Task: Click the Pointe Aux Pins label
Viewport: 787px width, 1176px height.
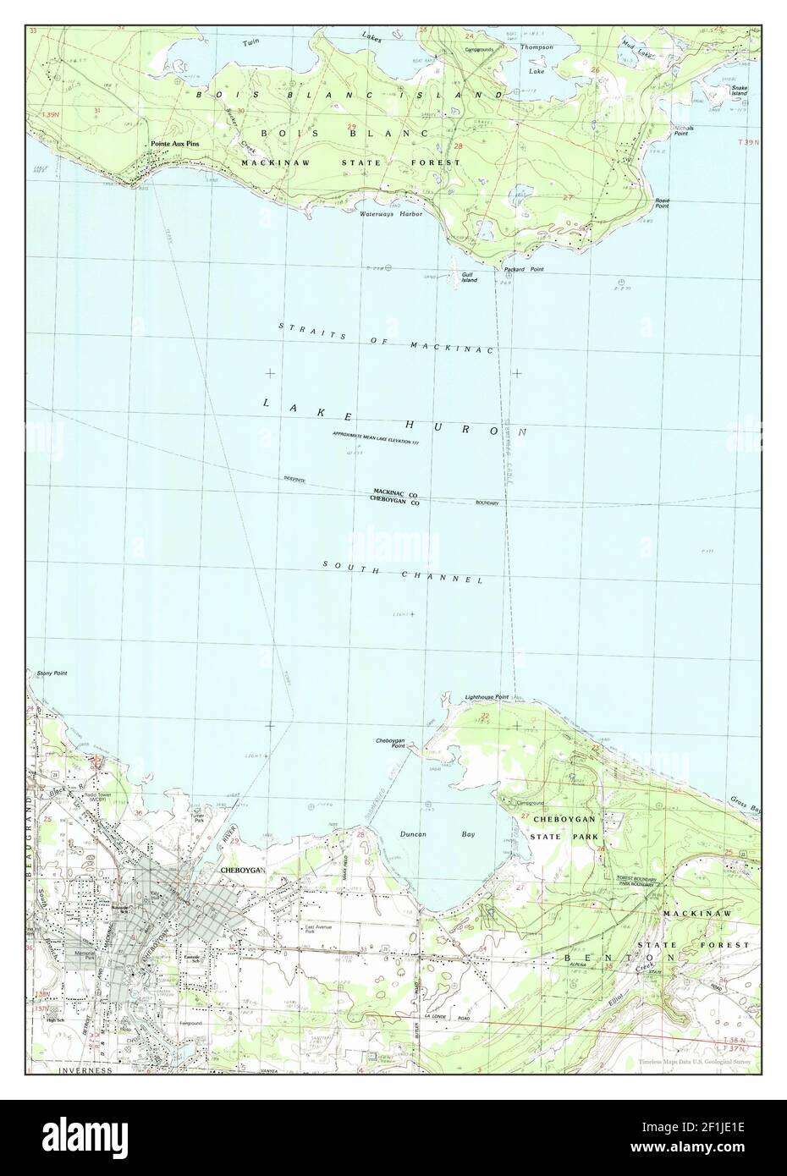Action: pyautogui.click(x=175, y=145)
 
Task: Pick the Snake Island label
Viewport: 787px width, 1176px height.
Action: pyautogui.click(x=739, y=91)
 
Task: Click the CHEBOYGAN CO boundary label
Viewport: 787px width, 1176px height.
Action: pyautogui.click(x=395, y=501)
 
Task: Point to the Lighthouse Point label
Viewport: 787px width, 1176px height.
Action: pyautogui.click(x=487, y=697)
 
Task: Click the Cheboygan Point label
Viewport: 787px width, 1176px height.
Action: pyautogui.click(x=390, y=743)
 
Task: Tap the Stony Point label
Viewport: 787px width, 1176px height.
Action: pyautogui.click(x=52, y=673)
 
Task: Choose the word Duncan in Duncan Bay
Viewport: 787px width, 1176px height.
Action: pyautogui.click(x=414, y=834)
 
